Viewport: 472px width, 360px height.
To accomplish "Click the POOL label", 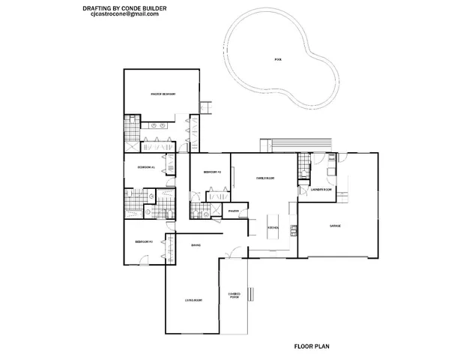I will (x=279, y=58).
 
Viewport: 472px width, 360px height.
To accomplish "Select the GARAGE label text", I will (x=336, y=226).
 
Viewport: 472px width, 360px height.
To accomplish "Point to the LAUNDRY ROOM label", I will (x=321, y=190).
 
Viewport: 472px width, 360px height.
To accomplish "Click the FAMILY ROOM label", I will (x=265, y=178).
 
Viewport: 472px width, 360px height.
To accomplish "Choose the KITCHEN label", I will (x=274, y=226).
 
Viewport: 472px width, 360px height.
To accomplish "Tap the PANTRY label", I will (x=233, y=211).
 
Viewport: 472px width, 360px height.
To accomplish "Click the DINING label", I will (x=195, y=245).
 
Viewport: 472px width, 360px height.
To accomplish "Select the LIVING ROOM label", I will (x=195, y=300).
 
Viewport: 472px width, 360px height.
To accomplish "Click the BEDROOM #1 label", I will (x=145, y=167).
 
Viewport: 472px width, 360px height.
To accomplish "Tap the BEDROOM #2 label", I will (x=212, y=172).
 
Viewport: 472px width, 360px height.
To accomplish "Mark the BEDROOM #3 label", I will (x=143, y=241).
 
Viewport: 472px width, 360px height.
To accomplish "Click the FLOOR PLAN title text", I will (x=311, y=347).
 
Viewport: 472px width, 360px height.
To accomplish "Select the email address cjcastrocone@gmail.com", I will (x=124, y=14).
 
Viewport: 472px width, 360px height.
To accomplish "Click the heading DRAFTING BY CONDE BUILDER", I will (x=124, y=7).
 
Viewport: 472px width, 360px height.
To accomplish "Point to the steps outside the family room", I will (x=278, y=144).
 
